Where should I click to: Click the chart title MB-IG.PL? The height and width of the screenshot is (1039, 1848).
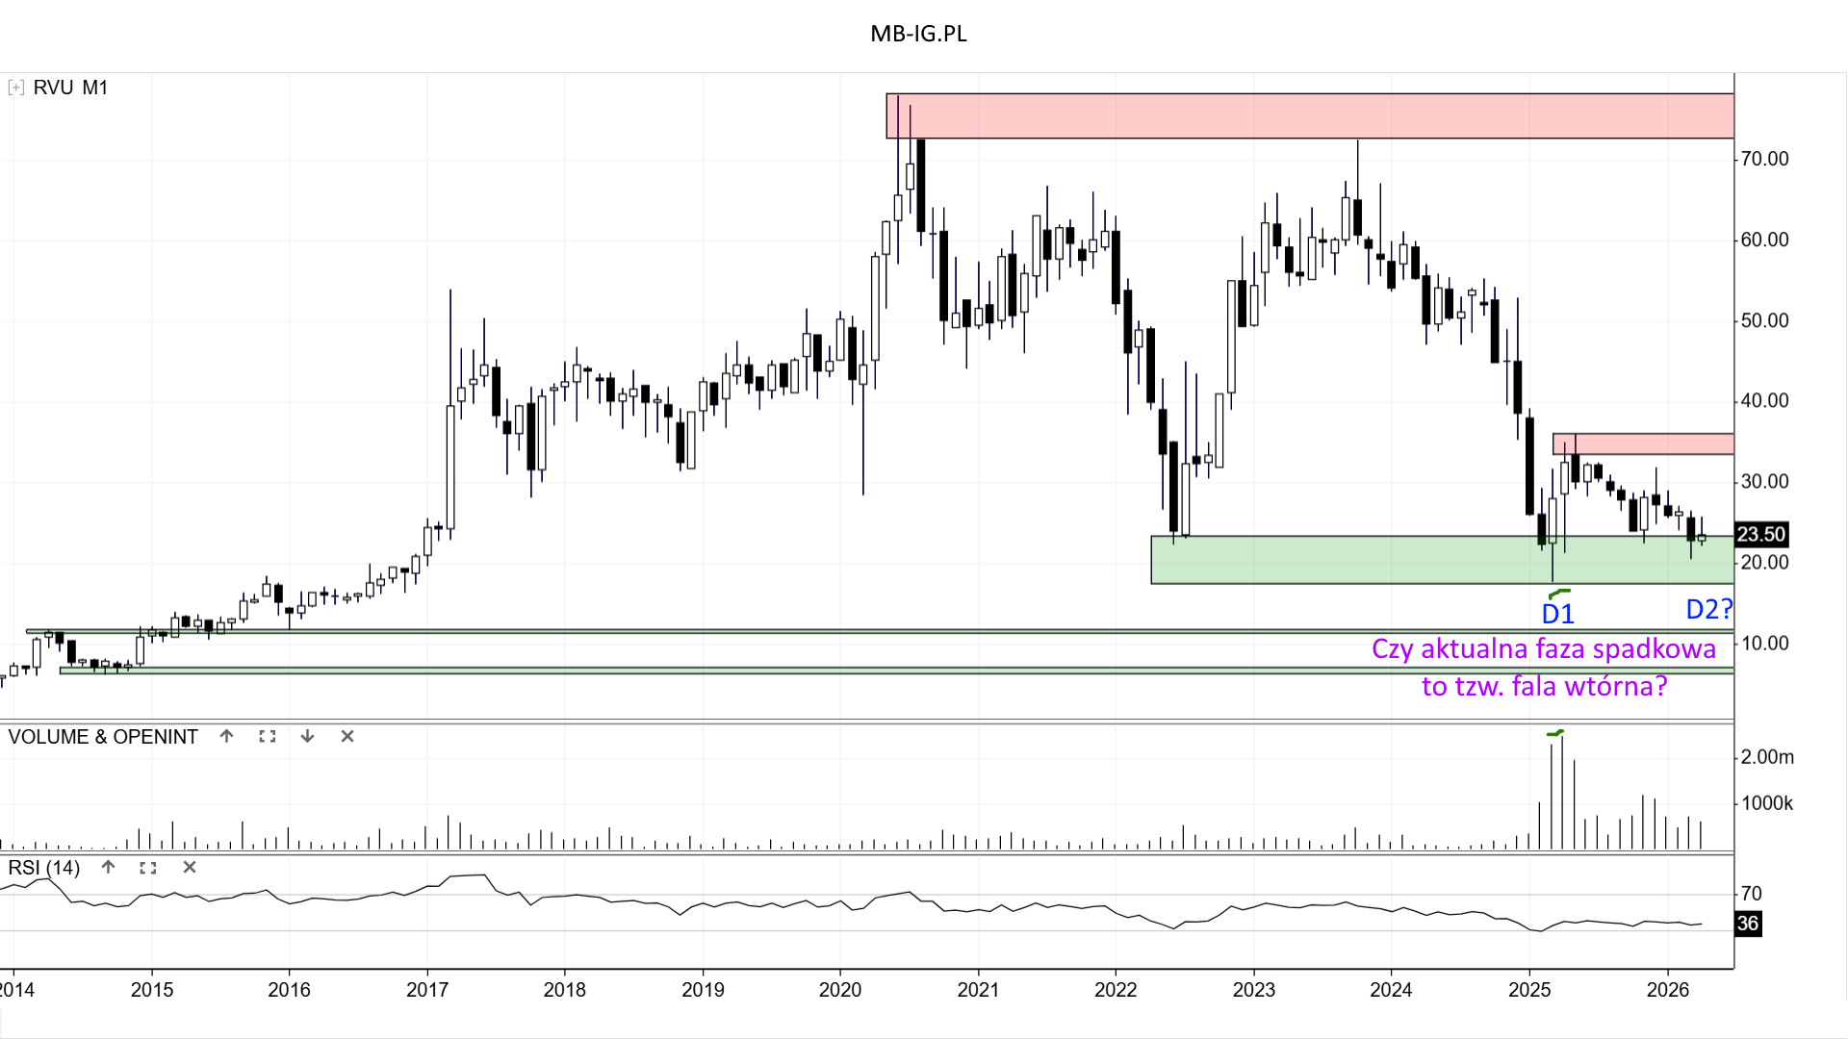[918, 34]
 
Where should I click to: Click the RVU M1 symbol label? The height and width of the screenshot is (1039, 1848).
[70, 88]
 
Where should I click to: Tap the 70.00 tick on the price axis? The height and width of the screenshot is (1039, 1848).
[1764, 159]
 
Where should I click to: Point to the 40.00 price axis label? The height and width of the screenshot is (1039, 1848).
[1764, 400]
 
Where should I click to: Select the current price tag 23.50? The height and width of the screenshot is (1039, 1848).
[1760, 534]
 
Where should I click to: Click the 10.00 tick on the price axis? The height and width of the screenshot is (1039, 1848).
[1764, 643]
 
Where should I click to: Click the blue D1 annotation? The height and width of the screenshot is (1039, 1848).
[1557, 614]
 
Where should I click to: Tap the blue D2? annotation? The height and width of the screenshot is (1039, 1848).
[1708, 609]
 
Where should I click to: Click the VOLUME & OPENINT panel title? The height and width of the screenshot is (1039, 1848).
[103, 737]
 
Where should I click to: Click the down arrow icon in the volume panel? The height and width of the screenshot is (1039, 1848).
[307, 736]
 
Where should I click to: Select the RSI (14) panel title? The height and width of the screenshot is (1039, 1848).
[44, 868]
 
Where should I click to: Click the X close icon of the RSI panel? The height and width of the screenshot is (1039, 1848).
[190, 867]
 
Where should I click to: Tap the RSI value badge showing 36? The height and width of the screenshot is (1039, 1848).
[1748, 924]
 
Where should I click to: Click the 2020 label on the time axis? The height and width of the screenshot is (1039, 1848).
[840, 990]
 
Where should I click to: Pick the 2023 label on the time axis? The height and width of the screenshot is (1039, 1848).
[1253, 990]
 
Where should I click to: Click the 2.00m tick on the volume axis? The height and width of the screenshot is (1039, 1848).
[1767, 757]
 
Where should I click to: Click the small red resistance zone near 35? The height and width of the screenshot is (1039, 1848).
[1643, 443]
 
